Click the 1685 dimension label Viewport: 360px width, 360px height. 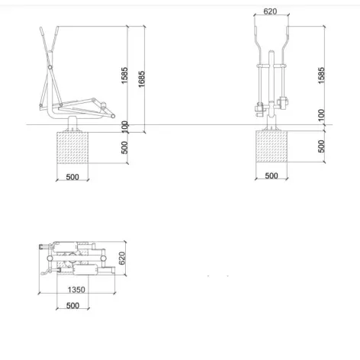coord(142,79)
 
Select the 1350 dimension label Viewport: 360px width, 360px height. coord(76,290)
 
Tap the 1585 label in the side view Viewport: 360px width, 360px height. coord(124,76)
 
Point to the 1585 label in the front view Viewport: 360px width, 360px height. coord(321,76)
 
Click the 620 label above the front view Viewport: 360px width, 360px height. coord(270,11)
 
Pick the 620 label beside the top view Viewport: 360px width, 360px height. coord(122,258)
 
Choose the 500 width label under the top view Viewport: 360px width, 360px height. coord(72,305)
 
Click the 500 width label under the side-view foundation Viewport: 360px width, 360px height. coord(72,177)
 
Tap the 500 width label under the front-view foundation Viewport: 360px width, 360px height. coord(272,175)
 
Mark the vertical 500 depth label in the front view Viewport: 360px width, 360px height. coord(321,146)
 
